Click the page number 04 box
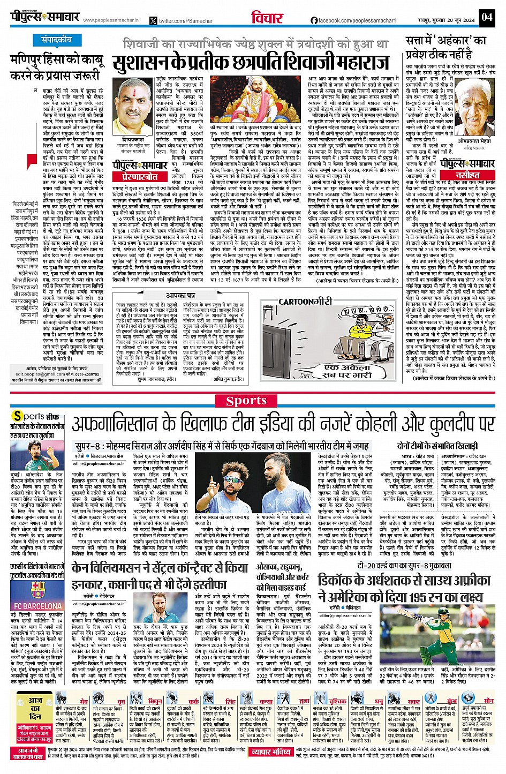(x=486, y=17)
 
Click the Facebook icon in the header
(x=314, y=20)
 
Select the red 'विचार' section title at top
(x=267, y=18)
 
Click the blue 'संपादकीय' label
(x=57, y=40)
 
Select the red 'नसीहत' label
(x=467, y=175)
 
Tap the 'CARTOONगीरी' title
(x=305, y=302)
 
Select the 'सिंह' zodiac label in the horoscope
(x=230, y=701)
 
